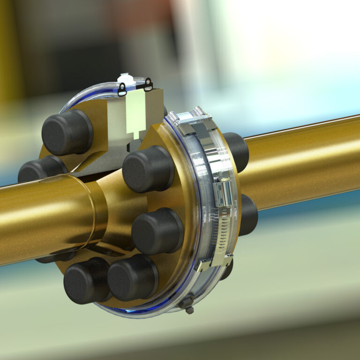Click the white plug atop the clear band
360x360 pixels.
pos(126,78)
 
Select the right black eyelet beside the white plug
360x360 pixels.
pos(148,85)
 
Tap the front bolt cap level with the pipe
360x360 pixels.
pos(157,231)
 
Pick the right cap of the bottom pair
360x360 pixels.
pos(133,277)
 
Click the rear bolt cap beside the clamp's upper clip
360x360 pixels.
pos(237,150)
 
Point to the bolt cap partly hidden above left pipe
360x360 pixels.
pos(40,170)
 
